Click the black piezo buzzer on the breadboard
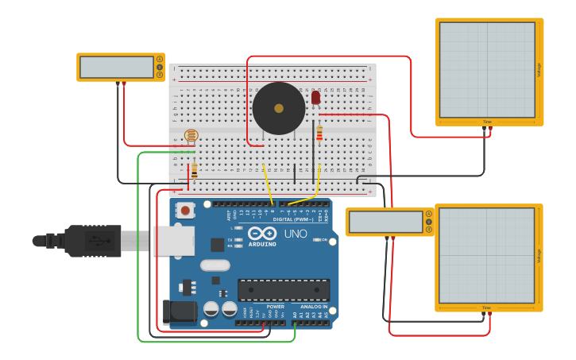pyautogui.click(x=279, y=108)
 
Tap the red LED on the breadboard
pyautogui.click(x=315, y=97)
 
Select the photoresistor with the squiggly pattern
pyautogui.click(x=191, y=136)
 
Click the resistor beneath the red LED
pyautogui.click(x=319, y=133)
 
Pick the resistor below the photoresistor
pyautogui.click(x=194, y=170)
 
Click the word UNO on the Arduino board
pyautogui.click(x=296, y=234)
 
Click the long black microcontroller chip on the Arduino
pyautogui.click(x=284, y=290)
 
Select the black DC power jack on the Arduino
pyautogui.click(x=180, y=312)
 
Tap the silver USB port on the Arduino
pyautogui.click(x=173, y=240)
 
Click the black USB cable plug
pyautogui.click(x=91, y=241)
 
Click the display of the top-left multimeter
pyautogui.click(x=117, y=68)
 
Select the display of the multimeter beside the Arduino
pyautogui.click(x=385, y=222)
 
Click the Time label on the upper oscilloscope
pyautogui.click(x=487, y=122)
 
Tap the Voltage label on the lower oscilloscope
pyautogui.click(x=539, y=256)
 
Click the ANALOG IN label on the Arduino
pyautogui.click(x=313, y=306)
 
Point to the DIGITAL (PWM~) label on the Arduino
pyautogui.click(x=293, y=219)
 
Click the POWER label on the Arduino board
pyautogui.click(x=275, y=306)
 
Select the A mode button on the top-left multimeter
pyautogui.click(x=160, y=60)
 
